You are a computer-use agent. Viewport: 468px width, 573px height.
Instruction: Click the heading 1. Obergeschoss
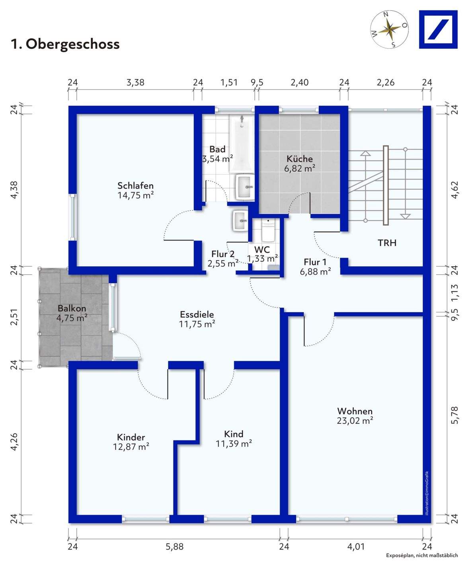65,44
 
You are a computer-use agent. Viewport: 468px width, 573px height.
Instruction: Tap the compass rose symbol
389,29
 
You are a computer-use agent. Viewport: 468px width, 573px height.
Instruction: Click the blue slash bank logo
438,29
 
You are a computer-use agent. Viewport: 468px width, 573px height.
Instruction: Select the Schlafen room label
135,185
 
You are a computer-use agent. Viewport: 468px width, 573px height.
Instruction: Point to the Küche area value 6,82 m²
300,168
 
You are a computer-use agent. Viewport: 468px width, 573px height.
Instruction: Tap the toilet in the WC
268,230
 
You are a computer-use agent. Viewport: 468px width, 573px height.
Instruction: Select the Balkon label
72,308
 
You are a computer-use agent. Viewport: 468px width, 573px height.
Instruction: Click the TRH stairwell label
387,243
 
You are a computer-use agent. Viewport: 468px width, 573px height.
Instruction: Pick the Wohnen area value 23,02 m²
355,421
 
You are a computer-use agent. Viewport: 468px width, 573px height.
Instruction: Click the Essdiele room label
197,314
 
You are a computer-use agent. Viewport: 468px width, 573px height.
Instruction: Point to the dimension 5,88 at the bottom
174,547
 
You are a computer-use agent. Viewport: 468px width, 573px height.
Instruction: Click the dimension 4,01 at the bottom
356,547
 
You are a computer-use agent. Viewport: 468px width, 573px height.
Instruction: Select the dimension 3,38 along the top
135,82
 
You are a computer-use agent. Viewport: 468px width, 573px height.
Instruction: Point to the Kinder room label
131,437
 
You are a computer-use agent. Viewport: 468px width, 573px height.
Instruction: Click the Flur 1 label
315,262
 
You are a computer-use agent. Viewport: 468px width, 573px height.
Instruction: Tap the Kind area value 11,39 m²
234,444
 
